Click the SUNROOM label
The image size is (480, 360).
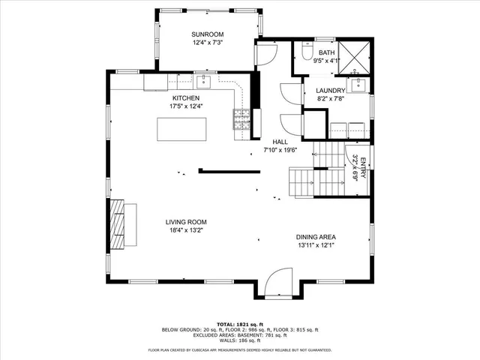click(x=207, y=34)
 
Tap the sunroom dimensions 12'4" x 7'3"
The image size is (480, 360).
click(x=207, y=43)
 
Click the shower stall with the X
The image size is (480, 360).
click(x=354, y=57)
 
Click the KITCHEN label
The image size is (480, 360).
click(x=186, y=98)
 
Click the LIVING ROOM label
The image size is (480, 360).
click(x=186, y=222)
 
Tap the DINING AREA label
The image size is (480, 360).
click(x=321, y=237)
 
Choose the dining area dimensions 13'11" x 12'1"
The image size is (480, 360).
click(x=321, y=245)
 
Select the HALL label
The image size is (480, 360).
click(x=280, y=142)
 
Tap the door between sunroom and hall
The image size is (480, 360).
click(x=265, y=52)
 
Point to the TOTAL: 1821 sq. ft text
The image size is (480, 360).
click(x=239, y=323)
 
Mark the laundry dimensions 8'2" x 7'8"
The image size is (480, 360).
click(x=329, y=98)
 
